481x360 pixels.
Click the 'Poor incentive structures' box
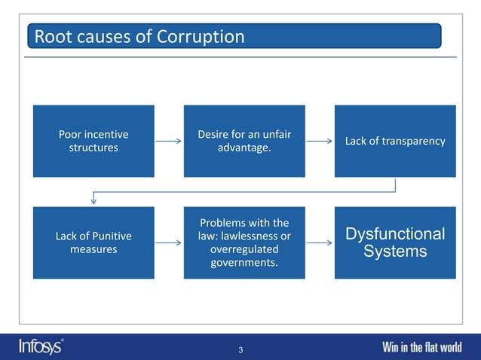(x=93, y=141)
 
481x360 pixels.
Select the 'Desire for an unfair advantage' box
(x=244, y=141)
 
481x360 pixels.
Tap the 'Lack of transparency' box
(x=395, y=141)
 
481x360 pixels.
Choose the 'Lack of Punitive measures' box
(x=93, y=243)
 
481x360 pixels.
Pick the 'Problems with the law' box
(x=244, y=243)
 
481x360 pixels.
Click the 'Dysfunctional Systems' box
(x=395, y=243)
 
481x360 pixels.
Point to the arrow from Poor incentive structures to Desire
(x=169, y=141)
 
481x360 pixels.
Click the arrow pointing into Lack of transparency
(x=320, y=141)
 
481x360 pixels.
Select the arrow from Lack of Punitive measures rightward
(x=169, y=243)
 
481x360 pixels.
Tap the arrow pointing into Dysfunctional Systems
(x=320, y=243)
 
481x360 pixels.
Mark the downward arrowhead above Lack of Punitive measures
(x=93, y=200)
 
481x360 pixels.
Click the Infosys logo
(x=41, y=346)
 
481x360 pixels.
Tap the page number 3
(x=240, y=349)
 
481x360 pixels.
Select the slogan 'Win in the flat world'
(x=421, y=347)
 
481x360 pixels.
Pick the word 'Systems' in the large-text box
(x=395, y=252)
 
